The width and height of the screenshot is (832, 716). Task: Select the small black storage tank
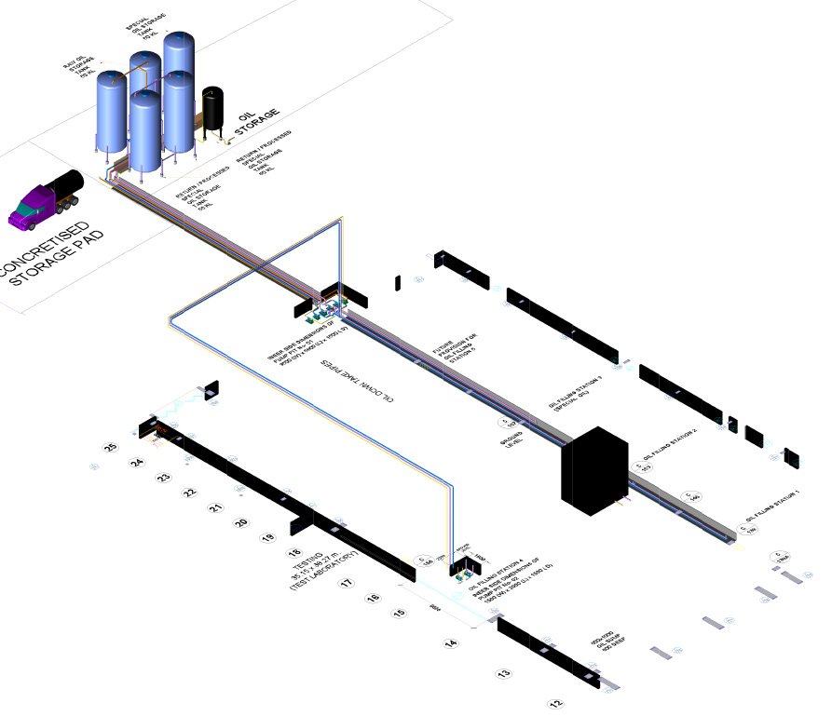coord(213,108)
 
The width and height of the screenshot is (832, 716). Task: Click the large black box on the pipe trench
coord(593,469)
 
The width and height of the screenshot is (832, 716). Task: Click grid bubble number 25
coord(111,448)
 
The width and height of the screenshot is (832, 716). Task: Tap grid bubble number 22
coord(189,492)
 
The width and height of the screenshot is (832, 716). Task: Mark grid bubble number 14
coord(451,643)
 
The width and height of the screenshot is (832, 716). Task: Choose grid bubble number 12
coord(556,703)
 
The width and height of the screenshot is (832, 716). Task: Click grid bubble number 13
coord(503,672)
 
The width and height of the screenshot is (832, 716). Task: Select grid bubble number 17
coord(345,584)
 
